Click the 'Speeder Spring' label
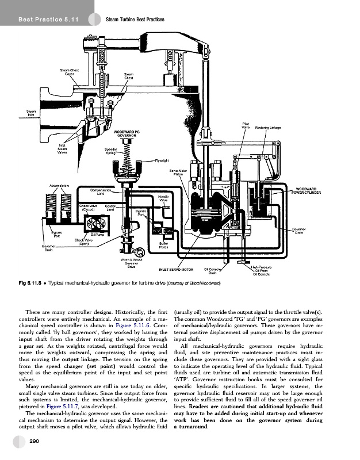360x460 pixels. pyautogui.click(x=113, y=152)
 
